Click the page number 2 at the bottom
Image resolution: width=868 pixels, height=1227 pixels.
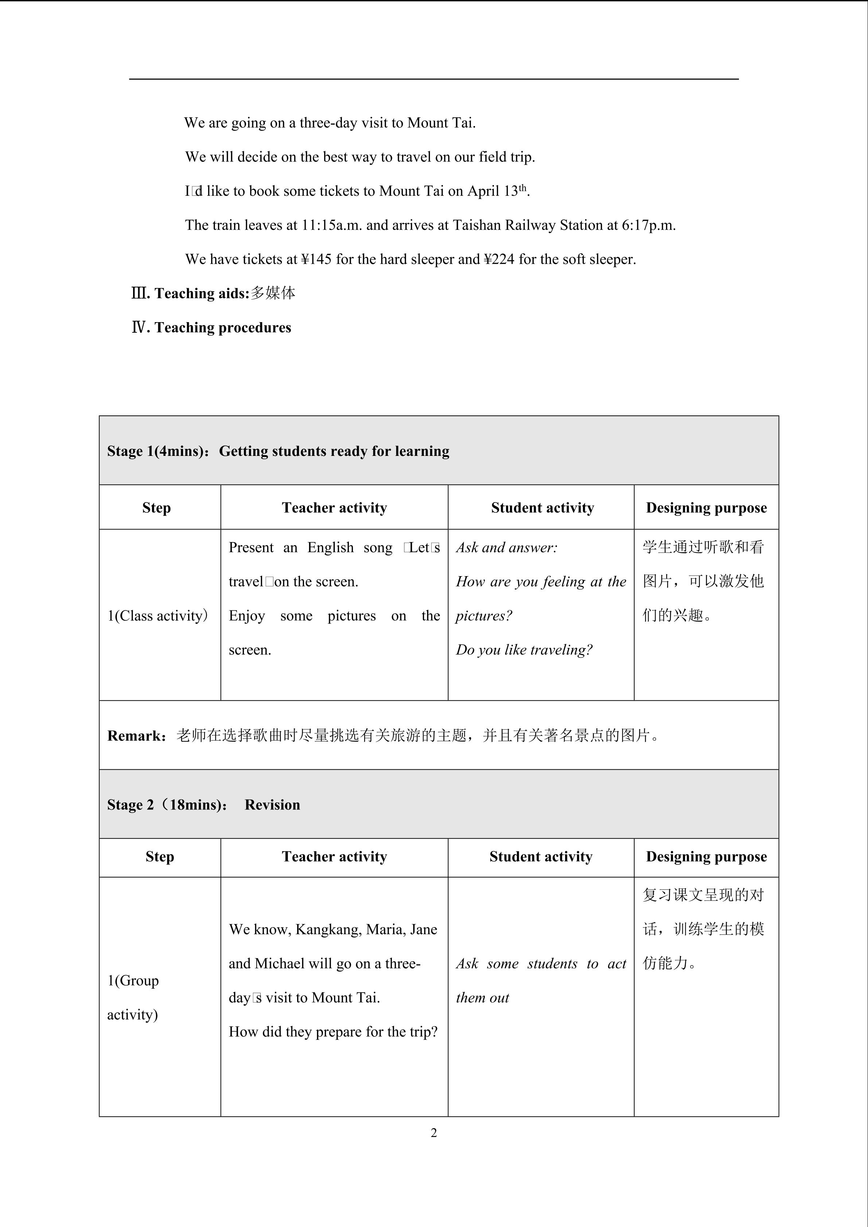[433, 1132]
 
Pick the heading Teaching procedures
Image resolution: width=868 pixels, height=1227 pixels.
[222, 328]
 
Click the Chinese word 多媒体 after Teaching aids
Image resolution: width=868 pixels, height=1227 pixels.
[273, 293]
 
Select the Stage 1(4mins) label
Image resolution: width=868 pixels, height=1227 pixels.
[156, 451]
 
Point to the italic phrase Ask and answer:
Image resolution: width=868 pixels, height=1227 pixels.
[506, 547]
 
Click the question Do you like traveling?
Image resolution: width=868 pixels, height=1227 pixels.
[524, 650]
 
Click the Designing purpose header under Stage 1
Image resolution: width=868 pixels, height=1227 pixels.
[706, 508]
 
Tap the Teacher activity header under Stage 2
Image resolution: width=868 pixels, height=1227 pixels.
[334, 857]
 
